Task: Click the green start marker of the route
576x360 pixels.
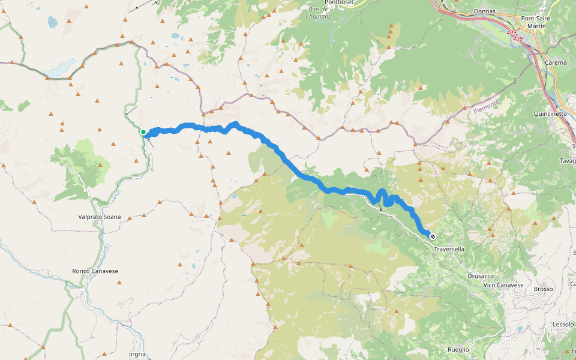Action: click(x=143, y=132)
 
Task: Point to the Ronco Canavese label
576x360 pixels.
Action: click(x=95, y=271)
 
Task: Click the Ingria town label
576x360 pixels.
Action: click(x=137, y=354)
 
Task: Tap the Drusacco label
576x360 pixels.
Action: click(x=481, y=276)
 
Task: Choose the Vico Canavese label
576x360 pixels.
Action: click(x=503, y=285)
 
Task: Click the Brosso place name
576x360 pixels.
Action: click(x=543, y=289)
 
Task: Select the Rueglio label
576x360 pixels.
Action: click(x=458, y=349)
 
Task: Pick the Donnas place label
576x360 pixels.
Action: click(x=484, y=11)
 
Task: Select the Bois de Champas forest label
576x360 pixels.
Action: click(x=317, y=13)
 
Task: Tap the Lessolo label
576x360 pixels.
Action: click(x=563, y=324)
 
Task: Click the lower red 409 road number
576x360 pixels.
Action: click(x=518, y=40)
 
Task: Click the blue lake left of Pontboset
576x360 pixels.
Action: click(x=52, y=23)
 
